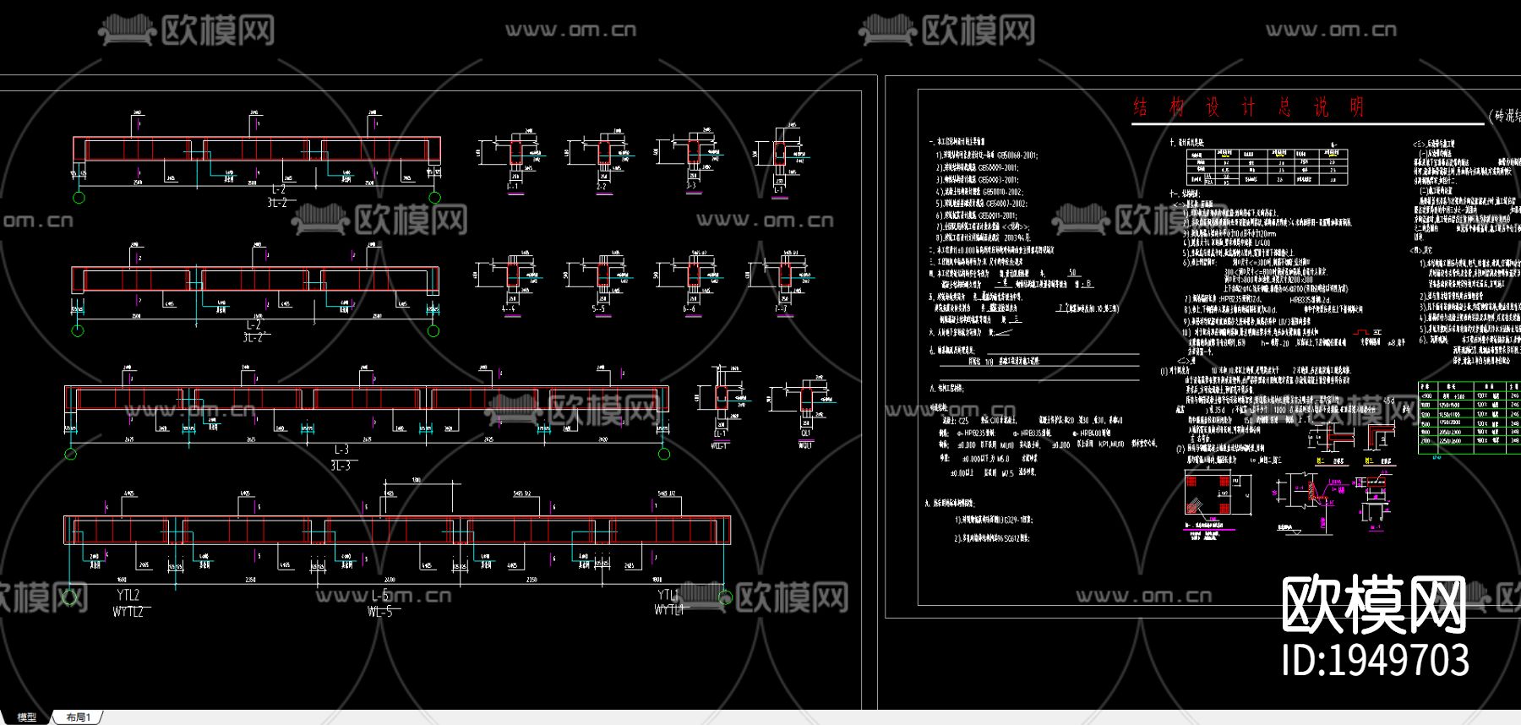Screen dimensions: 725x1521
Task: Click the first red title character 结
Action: pos(1141,107)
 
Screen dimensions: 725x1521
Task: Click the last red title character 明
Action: pos(1356,107)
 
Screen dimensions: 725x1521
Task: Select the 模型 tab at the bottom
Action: pos(27,717)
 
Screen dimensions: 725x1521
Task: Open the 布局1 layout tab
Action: pos(79,717)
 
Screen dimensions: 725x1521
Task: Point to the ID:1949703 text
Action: pos(1375,660)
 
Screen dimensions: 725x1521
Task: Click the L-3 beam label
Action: pos(341,450)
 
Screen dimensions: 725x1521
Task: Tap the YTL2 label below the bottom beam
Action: pos(128,595)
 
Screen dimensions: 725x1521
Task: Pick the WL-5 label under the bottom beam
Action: pos(380,611)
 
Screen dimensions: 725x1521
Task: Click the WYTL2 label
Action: pos(128,611)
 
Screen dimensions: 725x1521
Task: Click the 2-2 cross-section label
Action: pos(602,186)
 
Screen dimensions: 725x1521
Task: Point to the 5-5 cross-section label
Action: pos(598,309)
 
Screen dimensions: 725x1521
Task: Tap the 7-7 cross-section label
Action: pos(781,309)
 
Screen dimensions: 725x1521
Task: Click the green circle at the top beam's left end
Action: pos(79,198)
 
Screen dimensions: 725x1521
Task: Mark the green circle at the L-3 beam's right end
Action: pos(664,454)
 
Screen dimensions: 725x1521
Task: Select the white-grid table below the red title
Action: pos(1267,167)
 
